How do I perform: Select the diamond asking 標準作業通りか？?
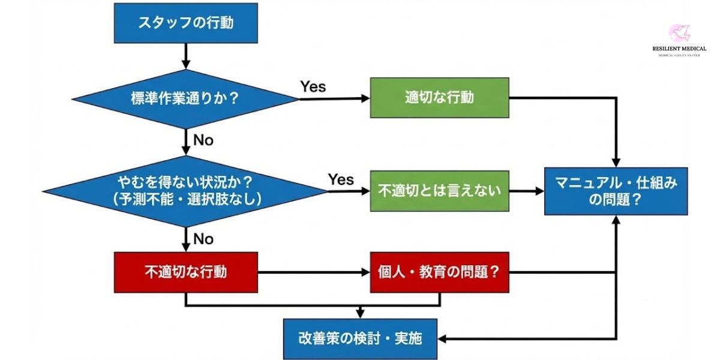pyautogui.click(x=185, y=98)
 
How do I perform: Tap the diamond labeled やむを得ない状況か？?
pyautogui.click(x=185, y=191)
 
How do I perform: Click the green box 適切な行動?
pyautogui.click(x=439, y=97)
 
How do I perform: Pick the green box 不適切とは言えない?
pyautogui.click(x=439, y=191)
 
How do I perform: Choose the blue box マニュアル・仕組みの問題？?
pyautogui.click(x=616, y=191)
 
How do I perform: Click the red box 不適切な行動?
pyautogui.click(x=185, y=272)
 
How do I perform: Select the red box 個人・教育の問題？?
pyautogui.click(x=439, y=272)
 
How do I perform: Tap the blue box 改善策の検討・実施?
pyautogui.click(x=360, y=338)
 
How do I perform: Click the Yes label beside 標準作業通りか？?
pyautogui.click(x=313, y=87)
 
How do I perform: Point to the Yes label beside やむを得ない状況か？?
pyautogui.click(x=341, y=179)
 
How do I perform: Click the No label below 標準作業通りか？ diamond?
pyautogui.click(x=203, y=140)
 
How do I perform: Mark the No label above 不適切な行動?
pyautogui.click(x=203, y=239)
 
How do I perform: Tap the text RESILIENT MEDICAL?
pyautogui.click(x=679, y=49)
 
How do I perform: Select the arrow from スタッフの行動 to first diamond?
pyautogui.click(x=185, y=56)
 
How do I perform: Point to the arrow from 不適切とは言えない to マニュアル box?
pyautogui.click(x=526, y=191)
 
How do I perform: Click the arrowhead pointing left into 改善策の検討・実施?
pyautogui.click(x=443, y=338)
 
